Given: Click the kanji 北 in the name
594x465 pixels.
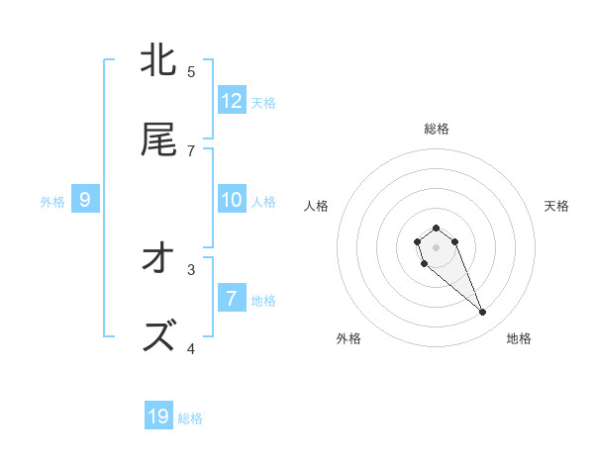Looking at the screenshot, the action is point(158,61).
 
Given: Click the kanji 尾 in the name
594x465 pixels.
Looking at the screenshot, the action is point(158,140).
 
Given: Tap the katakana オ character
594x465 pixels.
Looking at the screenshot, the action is point(158,259).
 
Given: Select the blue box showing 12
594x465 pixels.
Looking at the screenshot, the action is point(232,101).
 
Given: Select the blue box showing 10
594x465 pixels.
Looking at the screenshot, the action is point(232,200).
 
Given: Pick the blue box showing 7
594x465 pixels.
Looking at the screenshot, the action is point(232,299).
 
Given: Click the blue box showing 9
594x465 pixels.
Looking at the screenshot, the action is point(85,200).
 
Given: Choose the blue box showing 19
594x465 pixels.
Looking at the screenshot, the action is point(158,417).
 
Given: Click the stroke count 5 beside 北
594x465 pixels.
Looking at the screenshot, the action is point(191,71).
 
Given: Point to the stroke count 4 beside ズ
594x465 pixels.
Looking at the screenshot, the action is point(191,348).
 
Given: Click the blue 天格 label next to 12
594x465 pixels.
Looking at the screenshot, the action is point(263,103).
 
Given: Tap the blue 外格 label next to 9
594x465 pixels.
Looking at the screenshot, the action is point(52,202).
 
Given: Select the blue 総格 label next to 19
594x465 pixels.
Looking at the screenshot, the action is point(190,418).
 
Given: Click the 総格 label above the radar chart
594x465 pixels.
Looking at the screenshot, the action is point(437,129).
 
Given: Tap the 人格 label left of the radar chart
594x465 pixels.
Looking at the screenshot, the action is point(317,206).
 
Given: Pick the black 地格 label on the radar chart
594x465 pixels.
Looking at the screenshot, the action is point(519,338).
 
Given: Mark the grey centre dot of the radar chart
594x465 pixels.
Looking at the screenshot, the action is point(437,246).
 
